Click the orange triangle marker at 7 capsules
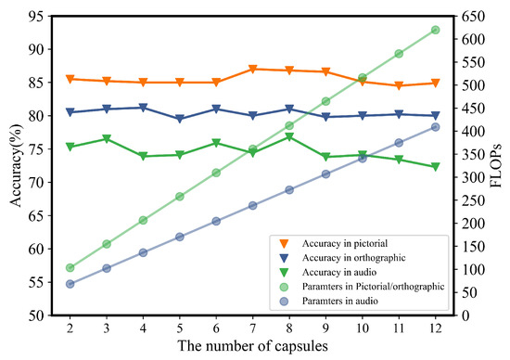253,70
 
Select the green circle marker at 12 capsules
435,30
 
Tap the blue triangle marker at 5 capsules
180,119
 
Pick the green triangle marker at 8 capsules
289,137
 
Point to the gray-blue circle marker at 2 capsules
70,284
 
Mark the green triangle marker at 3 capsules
107,139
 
